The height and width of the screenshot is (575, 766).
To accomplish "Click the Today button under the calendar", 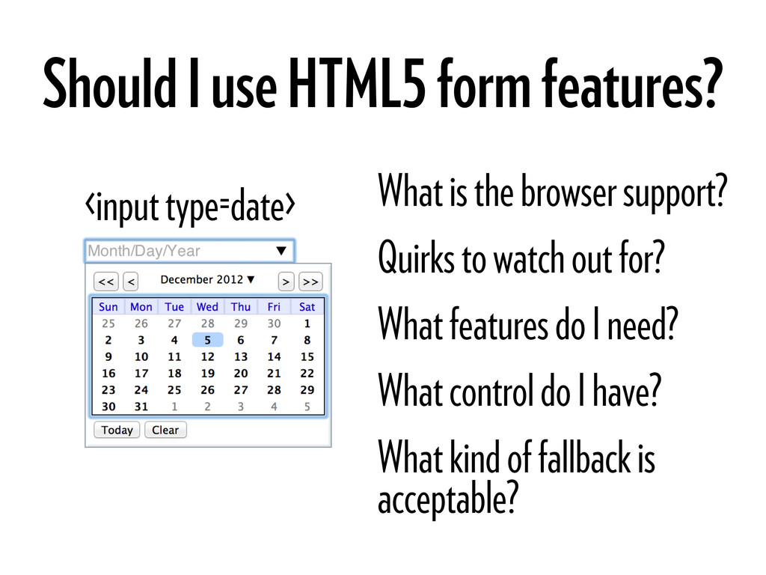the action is [117, 430].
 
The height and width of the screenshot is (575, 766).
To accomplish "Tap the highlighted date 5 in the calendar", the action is [208, 340].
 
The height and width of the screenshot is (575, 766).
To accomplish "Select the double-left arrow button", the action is [106, 282].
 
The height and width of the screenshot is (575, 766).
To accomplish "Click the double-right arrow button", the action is [310, 282].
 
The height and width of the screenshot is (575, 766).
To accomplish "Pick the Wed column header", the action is [207, 306].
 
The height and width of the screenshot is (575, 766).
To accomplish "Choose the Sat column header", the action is [307, 306].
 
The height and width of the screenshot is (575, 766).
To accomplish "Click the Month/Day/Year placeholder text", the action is [144, 251].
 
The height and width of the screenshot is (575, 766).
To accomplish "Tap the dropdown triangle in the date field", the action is [281, 251].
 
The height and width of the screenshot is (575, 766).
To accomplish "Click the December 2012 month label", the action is [202, 279].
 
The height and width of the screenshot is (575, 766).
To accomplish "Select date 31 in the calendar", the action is [141, 407].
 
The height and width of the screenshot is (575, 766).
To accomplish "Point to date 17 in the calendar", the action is [141, 373].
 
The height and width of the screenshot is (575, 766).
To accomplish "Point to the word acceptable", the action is [448, 498].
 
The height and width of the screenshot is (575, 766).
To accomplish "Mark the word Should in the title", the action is [109, 83].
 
